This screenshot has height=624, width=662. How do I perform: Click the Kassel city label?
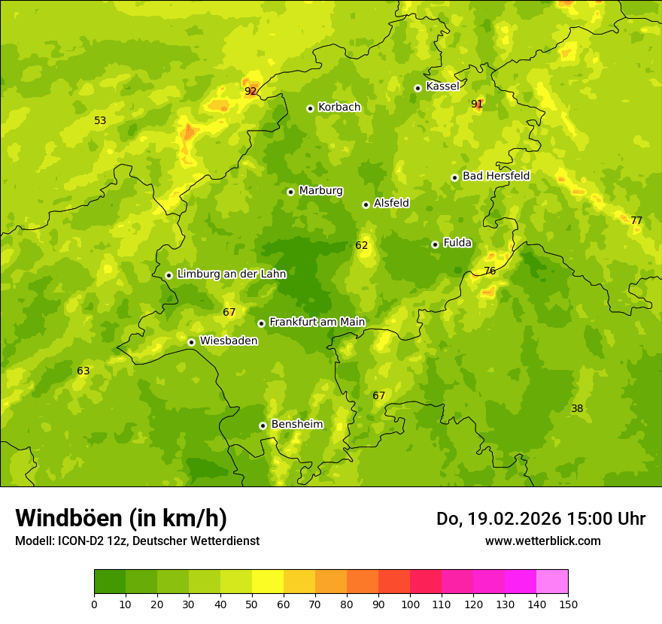(442, 86)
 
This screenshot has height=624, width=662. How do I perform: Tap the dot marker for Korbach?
(310, 108)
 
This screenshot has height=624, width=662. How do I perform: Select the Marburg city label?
(320, 191)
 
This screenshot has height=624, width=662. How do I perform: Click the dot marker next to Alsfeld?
(366, 204)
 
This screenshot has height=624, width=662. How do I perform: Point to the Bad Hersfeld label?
(496, 176)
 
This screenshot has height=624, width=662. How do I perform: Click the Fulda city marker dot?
(435, 244)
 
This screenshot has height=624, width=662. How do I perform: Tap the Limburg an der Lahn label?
(231, 274)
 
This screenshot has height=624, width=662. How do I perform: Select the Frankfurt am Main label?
(317, 322)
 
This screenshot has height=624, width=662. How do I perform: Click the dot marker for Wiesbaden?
(191, 342)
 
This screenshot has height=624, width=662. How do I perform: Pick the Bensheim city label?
(296, 424)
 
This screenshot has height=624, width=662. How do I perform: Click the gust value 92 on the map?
(251, 91)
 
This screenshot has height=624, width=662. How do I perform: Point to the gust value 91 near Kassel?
(477, 104)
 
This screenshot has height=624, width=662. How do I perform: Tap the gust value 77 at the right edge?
(636, 220)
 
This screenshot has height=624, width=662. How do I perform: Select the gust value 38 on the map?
(577, 408)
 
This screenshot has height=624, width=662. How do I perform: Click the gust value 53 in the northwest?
(100, 120)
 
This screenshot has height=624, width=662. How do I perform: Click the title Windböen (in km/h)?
(121, 518)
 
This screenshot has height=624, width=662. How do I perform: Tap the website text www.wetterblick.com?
(542, 541)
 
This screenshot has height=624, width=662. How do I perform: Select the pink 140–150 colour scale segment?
(552, 582)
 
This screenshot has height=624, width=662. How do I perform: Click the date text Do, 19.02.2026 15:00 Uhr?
(541, 519)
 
